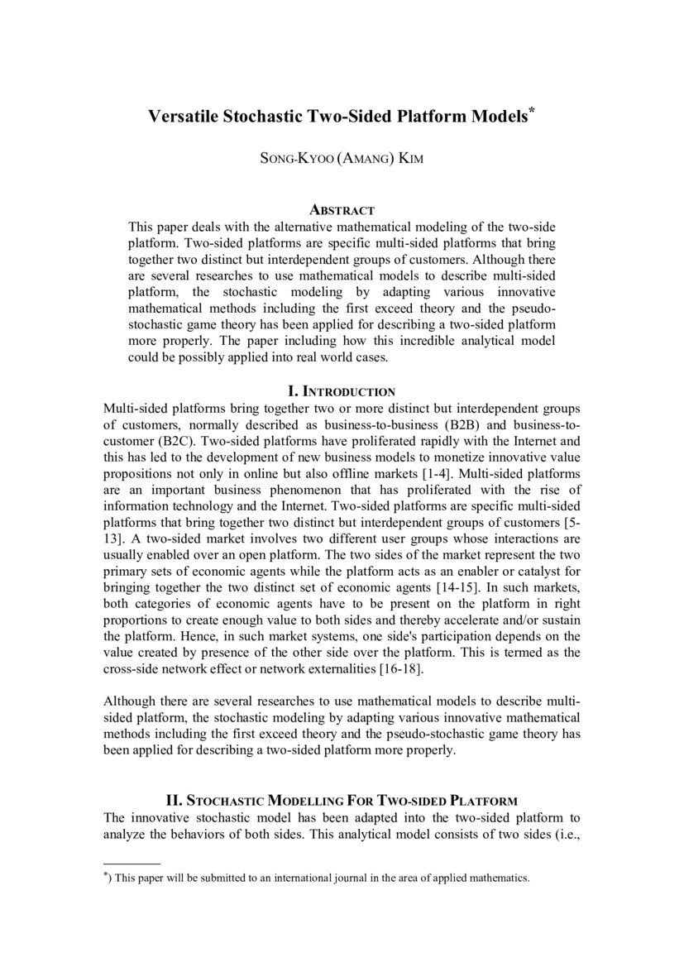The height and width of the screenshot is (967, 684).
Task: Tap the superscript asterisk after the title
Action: pyautogui.click(x=532, y=112)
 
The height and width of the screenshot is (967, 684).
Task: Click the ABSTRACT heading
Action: pyautogui.click(x=342, y=211)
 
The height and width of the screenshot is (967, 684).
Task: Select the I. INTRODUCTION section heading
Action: pyautogui.click(x=341, y=391)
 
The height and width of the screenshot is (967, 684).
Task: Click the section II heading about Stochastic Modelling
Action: pyautogui.click(x=342, y=801)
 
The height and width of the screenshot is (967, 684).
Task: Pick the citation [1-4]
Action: pyautogui.click(x=459, y=473)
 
